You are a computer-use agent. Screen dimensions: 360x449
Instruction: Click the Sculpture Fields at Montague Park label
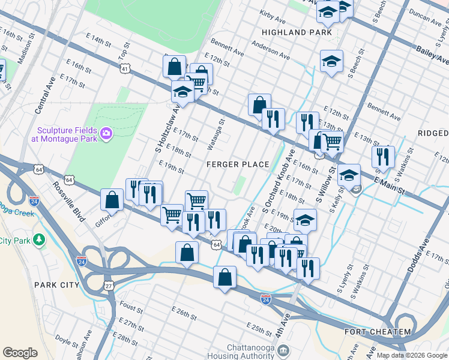pos(66,134)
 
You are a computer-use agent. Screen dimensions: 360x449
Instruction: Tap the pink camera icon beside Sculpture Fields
pos(107,133)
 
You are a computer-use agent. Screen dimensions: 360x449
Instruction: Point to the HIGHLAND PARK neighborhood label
pos(293,31)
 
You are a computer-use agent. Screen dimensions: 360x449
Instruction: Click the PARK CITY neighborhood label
pos(56,284)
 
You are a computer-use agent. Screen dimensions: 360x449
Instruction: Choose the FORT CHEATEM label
pos(378,332)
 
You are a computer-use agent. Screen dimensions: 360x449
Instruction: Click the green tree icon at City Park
pos(40,240)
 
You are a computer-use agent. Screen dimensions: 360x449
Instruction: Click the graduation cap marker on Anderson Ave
pos(331,61)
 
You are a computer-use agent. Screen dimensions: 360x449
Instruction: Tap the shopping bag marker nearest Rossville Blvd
pos(112,200)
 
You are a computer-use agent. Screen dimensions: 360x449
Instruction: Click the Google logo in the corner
pos(20,352)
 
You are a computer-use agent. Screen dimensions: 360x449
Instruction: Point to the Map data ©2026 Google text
pos(412,355)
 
